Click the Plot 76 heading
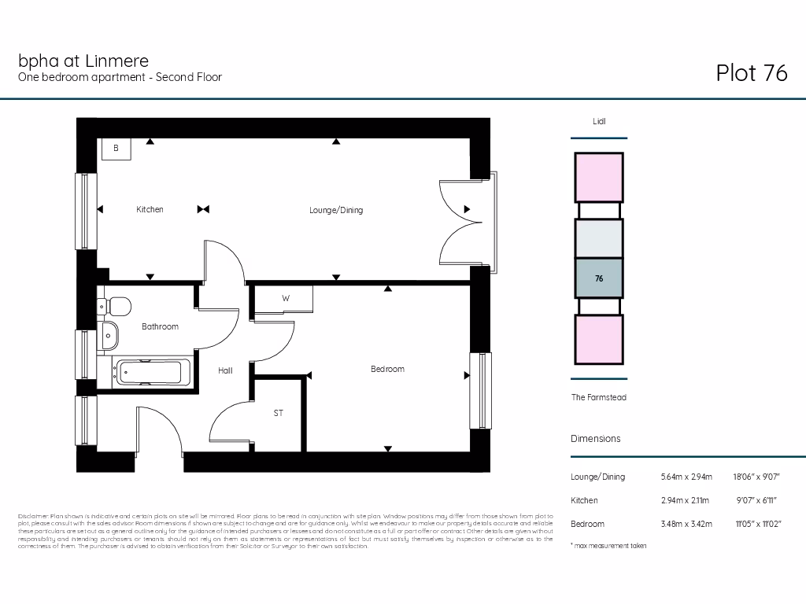point(751,73)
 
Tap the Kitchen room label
point(150,209)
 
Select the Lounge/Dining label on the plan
point(335,210)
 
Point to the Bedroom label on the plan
point(387,369)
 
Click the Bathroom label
point(160,326)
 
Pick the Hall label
point(225,370)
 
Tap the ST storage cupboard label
point(278,413)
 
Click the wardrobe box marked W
point(285,299)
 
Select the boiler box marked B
point(116,148)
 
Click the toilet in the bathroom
point(117,306)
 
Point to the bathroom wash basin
point(109,337)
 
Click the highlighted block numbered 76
point(599,278)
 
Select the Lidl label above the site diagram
point(599,122)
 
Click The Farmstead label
point(598,398)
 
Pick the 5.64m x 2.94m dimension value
point(686,477)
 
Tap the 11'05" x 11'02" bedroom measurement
point(758,524)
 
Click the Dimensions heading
point(595,439)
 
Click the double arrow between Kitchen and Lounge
point(203,209)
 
